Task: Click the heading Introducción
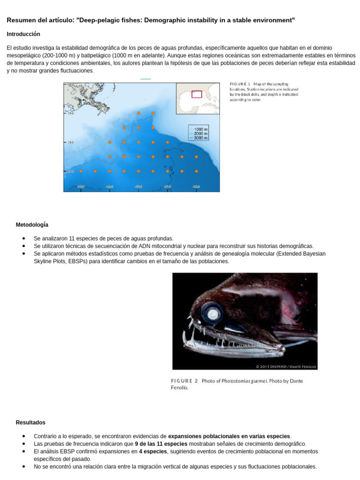tap(23, 34)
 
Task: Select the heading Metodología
tap(32, 225)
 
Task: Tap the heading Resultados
tap(30, 422)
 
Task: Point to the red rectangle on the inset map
tap(197, 94)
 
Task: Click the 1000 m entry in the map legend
tap(201, 129)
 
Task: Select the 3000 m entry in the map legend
tap(201, 138)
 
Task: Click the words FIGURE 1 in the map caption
tap(240, 83)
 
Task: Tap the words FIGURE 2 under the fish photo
tap(184, 381)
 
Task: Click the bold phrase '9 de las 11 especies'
tap(161, 443)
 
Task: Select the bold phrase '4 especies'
tap(153, 451)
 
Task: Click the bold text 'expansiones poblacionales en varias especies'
tap(229, 436)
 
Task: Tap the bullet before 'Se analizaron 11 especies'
tap(23, 239)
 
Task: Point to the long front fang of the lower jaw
tap(192, 336)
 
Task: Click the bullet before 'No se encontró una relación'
tap(23, 467)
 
